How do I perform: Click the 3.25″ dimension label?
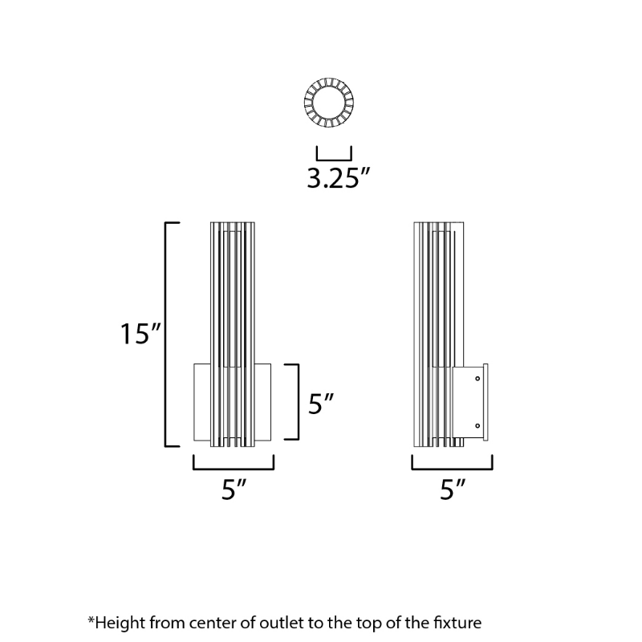[339, 179]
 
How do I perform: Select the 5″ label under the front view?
[234, 489]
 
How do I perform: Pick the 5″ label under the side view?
[453, 489]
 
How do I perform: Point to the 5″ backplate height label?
[321, 404]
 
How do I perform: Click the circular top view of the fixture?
[329, 102]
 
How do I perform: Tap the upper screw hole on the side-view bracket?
[477, 378]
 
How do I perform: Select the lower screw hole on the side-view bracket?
[477, 426]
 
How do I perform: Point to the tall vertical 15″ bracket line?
[165, 334]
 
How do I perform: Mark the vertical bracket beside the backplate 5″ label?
[298, 402]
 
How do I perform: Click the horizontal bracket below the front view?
[234, 469]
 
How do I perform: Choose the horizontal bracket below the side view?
[452, 469]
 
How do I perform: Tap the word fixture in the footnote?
[457, 623]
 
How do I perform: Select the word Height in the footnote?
[120, 624]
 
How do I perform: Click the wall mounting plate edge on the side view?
[486, 402]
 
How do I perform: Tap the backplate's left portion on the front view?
[202, 402]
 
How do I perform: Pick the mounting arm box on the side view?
[468, 402]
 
